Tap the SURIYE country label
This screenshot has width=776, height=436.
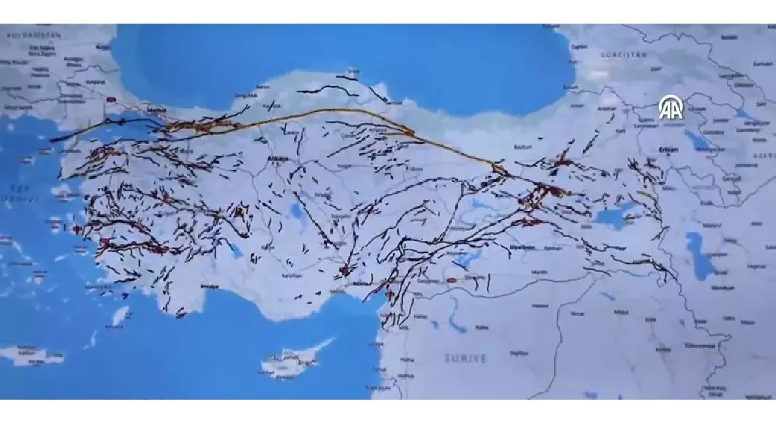466,358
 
